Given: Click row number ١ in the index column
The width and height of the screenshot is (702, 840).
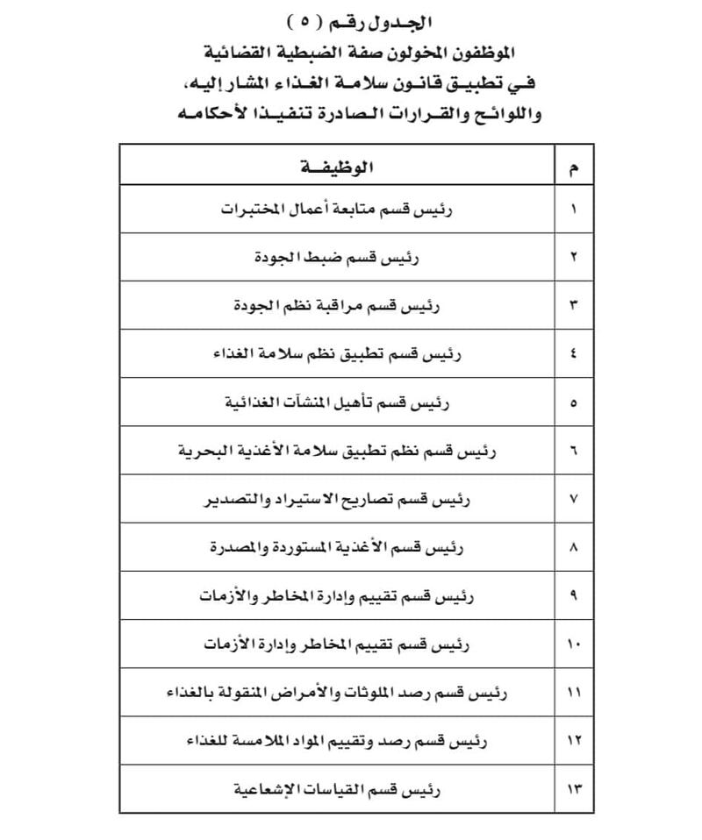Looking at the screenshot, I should [574, 210].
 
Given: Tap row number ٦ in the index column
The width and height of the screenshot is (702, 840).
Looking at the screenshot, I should [574, 452].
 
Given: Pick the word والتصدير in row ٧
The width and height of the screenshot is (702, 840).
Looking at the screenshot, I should [234, 500].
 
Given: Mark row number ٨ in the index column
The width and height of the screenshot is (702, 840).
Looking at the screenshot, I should [574, 548].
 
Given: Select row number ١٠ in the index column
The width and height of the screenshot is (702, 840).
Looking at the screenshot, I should [574, 644].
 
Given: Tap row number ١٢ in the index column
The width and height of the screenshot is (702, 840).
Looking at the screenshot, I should [574, 741].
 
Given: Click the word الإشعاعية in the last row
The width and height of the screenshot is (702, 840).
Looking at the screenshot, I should [269, 789].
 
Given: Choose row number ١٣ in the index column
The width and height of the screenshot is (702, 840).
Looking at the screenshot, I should [574, 789].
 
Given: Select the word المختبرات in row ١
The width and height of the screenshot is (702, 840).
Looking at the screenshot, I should [251, 210].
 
